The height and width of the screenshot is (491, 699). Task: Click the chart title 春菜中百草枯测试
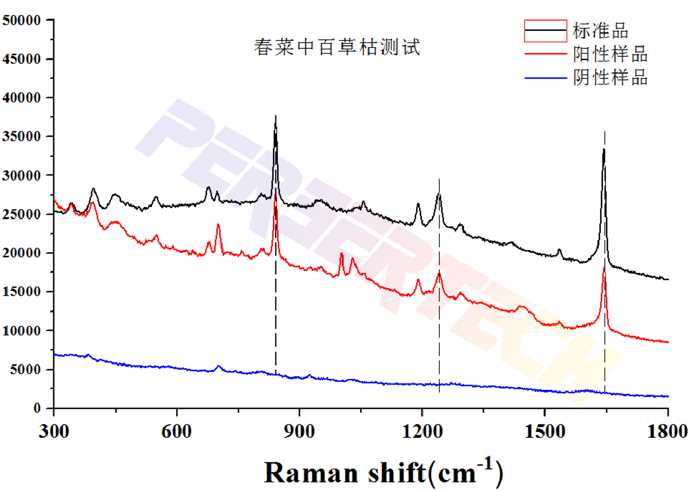coord(337,48)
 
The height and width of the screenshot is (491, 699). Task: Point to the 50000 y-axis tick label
coord(22,20)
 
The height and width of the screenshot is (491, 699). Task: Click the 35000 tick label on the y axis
coord(22,137)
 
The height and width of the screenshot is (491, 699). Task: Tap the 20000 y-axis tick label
coord(22,253)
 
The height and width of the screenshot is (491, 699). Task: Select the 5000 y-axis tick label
coord(26,370)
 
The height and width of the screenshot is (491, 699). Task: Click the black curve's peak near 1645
coord(604,150)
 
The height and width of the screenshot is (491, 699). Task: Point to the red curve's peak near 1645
coord(604,269)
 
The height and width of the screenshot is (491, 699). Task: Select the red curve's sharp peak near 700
coord(218,225)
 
